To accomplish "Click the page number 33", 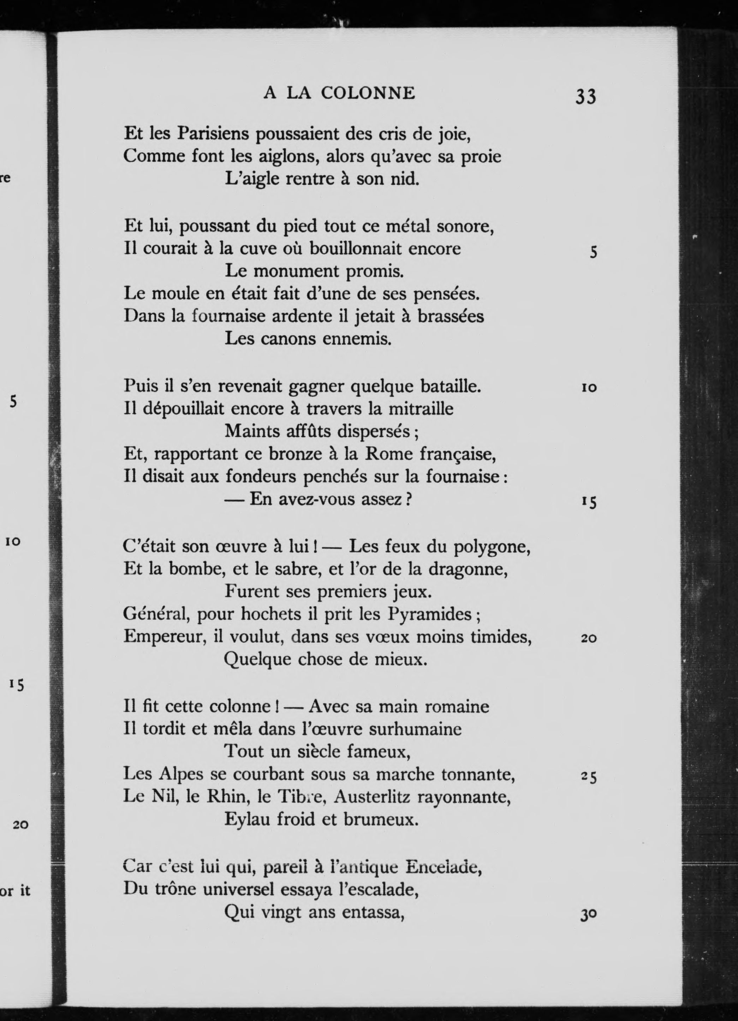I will click(x=585, y=96).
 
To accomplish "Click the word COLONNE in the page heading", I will click(x=368, y=93).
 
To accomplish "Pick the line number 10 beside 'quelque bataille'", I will click(x=588, y=388).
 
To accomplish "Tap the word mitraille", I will click(x=420, y=408).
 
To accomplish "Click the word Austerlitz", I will click(x=373, y=797).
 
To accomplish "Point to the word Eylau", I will click(x=246, y=820).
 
